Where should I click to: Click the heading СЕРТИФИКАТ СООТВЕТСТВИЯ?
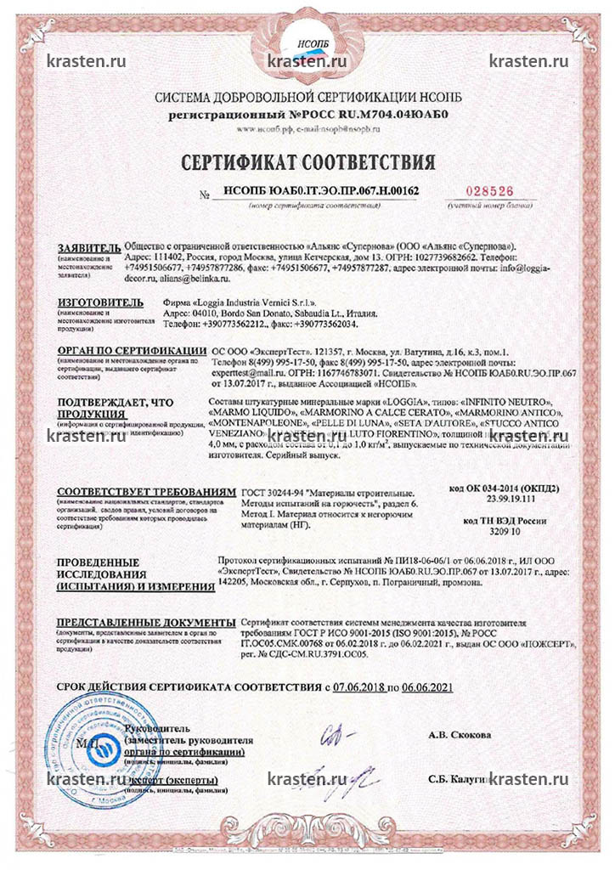[x=307, y=162]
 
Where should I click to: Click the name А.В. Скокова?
[x=460, y=735]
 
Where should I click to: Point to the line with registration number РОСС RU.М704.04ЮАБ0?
[x=307, y=112]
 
